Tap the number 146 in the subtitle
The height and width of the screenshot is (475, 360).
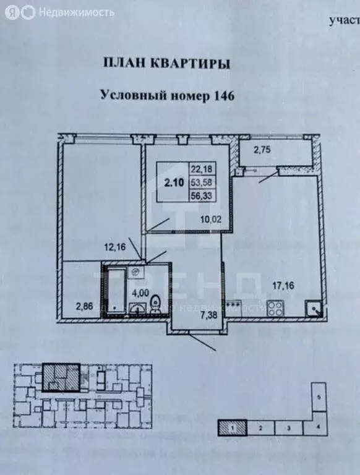coord(225,96)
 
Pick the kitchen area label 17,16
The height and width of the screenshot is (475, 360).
coord(285,286)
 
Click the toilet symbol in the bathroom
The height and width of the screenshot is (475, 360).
coord(156,304)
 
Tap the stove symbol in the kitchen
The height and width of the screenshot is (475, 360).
coord(274,307)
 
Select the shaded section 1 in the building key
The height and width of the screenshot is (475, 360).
coord(231,427)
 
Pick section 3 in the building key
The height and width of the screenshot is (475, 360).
coord(288,427)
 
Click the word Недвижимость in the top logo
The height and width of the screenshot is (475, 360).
coord(77,12)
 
